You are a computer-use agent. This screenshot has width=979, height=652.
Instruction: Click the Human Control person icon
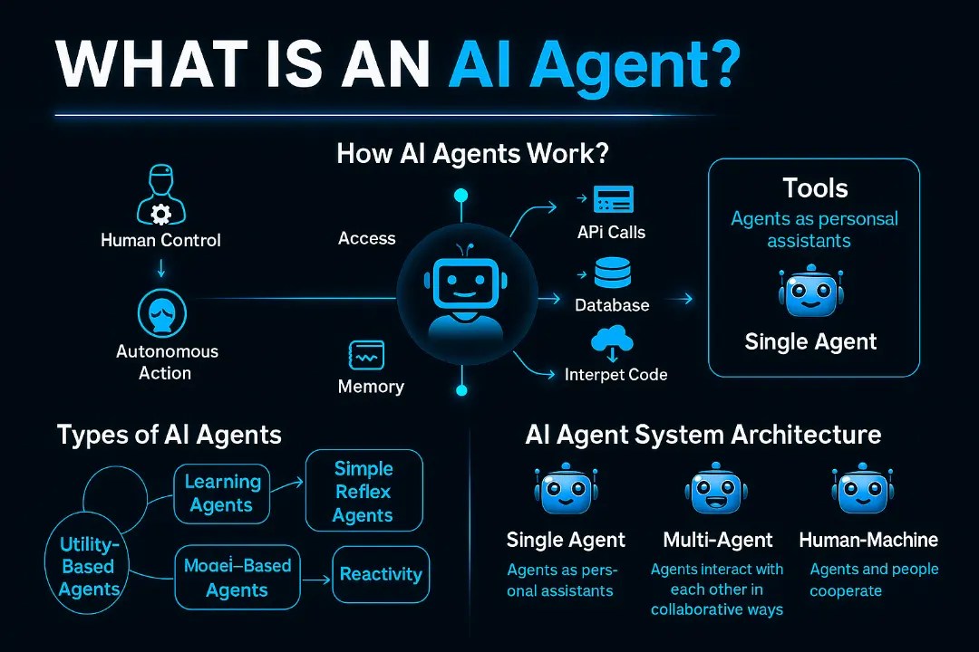coord(161,195)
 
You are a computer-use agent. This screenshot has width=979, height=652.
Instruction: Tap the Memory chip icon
coord(366,356)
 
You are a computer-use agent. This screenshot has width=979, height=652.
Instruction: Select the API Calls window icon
coord(613,199)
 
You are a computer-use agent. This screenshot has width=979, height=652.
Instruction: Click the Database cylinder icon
coord(613,273)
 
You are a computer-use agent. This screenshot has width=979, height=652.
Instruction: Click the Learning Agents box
coord(222,494)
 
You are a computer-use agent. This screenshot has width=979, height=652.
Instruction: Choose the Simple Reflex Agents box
coord(364,491)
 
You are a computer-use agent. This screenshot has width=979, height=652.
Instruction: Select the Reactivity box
coord(381,575)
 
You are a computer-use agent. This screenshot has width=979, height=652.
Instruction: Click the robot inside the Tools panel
coord(811,291)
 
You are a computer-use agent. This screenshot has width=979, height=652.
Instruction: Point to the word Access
coord(366,238)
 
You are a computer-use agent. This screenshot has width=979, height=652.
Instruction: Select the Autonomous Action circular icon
coord(161,313)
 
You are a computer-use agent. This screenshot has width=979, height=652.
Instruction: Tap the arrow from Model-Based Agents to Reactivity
coord(316,580)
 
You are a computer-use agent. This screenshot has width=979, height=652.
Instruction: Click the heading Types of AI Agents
coord(170,435)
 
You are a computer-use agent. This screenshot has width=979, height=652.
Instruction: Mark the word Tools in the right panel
coord(816,187)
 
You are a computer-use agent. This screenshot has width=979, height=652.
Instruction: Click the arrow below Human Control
coord(161,268)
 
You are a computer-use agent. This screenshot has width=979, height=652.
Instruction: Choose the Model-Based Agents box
coord(237,577)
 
